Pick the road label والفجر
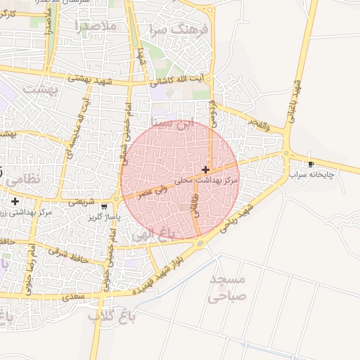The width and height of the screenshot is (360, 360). point(258,124)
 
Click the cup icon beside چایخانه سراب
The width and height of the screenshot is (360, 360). point(311,165)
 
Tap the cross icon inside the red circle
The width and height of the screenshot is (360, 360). point(205,169)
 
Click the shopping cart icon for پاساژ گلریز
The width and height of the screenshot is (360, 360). point(104,207)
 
